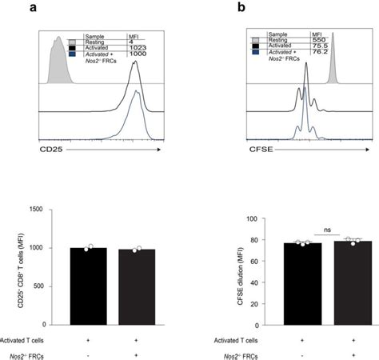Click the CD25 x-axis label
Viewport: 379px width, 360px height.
point(52,149)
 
